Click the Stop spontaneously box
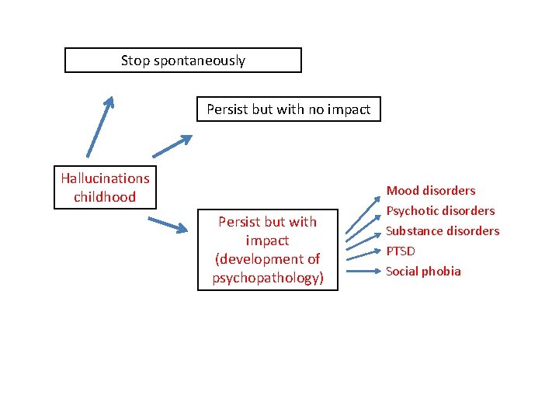[x=182, y=61]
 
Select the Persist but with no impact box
[x=288, y=109]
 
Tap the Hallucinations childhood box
[x=105, y=188]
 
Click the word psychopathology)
[x=268, y=278]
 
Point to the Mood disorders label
[x=431, y=191]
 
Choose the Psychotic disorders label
[x=440, y=211]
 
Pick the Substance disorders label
[x=443, y=231]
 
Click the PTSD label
[x=401, y=251]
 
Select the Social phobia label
[x=423, y=272]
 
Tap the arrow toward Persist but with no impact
[x=172, y=146]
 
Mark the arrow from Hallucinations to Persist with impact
[x=167, y=224]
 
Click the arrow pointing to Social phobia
[x=363, y=272]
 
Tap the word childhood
[x=105, y=197]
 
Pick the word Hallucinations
[x=105, y=178]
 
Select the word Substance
[x=413, y=231]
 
